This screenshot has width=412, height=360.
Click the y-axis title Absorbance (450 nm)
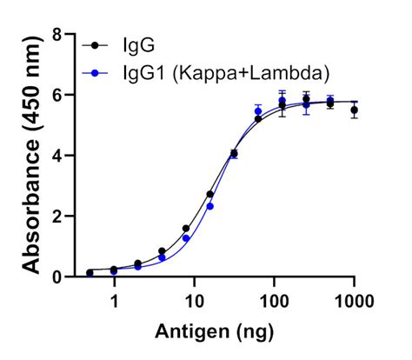click(33, 157)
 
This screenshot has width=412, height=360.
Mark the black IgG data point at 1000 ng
click(354, 110)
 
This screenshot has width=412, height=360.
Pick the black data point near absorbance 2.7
click(209, 195)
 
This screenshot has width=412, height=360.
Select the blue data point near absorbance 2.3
click(209, 207)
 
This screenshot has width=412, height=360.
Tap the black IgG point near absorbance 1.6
click(186, 229)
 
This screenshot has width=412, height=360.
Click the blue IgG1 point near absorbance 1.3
click(186, 237)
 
